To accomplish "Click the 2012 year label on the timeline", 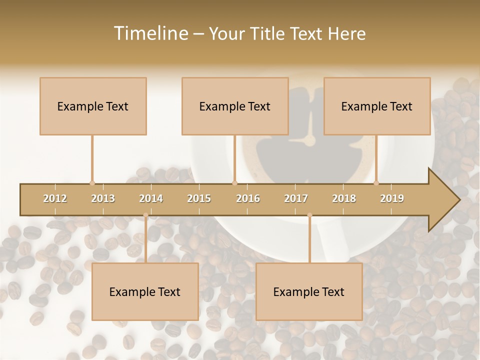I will click(x=55, y=198).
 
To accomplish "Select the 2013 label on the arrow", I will click(x=103, y=198).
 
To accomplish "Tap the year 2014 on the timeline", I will click(x=151, y=198).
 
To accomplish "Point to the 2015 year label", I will click(x=199, y=198).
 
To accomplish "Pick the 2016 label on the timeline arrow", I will click(x=248, y=198).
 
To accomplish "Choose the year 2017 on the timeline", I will click(x=296, y=198).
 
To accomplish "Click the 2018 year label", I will click(x=344, y=198).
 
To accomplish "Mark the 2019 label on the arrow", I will click(x=392, y=198).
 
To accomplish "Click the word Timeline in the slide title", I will click(x=149, y=33).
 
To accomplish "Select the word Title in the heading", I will click(x=268, y=33).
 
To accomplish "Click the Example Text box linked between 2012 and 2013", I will click(x=93, y=106).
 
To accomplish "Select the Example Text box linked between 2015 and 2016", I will click(x=235, y=106).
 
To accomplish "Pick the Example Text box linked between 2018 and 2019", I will click(x=377, y=106).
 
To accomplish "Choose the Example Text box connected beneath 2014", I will click(x=145, y=291).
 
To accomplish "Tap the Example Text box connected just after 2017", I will click(x=309, y=291).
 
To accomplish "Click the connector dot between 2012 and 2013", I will click(x=92, y=183).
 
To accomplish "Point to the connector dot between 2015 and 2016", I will click(x=234, y=183).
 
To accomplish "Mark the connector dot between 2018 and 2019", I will click(x=376, y=183).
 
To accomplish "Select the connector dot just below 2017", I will click(x=309, y=215).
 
